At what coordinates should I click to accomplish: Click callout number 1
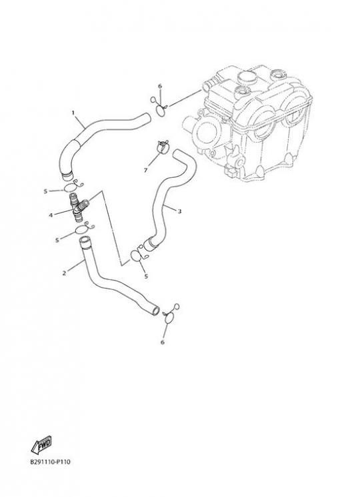coord(73,113)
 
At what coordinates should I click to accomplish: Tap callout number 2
coord(64,272)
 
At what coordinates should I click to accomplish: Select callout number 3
coord(179,211)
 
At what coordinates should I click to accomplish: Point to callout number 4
coord(51,215)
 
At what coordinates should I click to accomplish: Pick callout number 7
coord(145,171)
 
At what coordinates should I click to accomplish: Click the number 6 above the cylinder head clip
coord(160,86)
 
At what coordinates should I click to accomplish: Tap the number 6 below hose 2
coord(163,342)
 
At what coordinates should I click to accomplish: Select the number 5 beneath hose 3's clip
coord(146,276)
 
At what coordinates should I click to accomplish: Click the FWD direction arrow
coord(41,444)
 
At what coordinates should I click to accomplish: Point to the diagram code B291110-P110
coord(50,462)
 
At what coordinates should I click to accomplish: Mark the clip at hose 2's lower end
coord(170,315)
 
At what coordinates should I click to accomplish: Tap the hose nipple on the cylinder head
coord(207,85)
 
